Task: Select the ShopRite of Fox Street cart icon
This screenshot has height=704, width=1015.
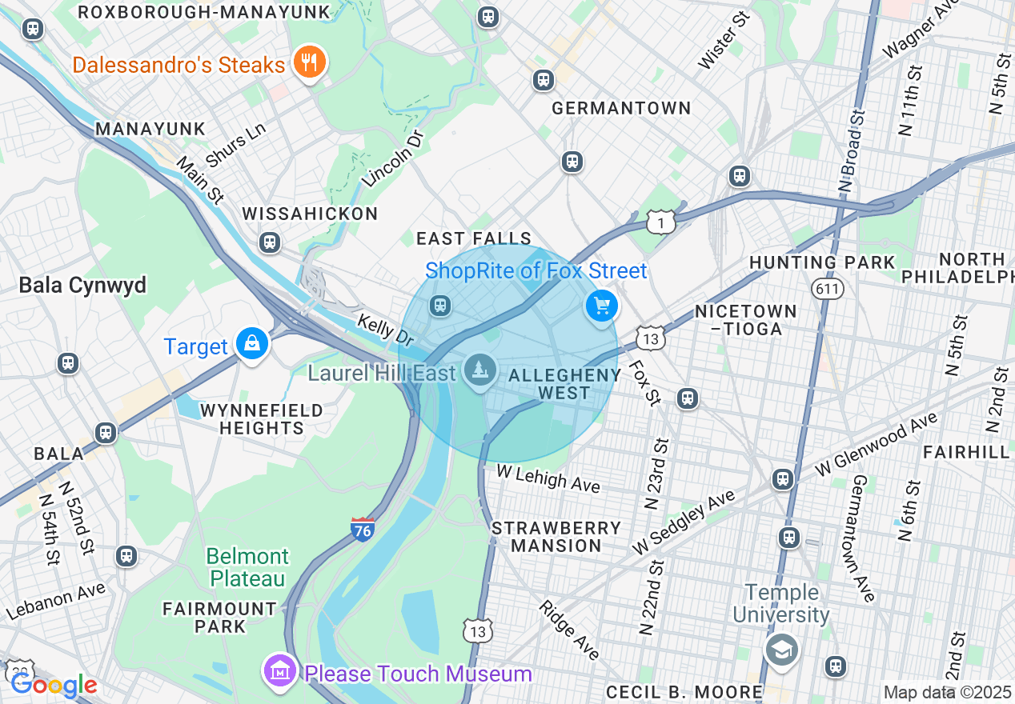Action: tap(602, 306)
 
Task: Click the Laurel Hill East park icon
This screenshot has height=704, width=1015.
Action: tap(480, 370)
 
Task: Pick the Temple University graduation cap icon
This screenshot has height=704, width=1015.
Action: tap(780, 649)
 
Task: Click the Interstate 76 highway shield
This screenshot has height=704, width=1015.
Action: tap(363, 529)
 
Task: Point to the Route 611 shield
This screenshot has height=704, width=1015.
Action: tap(827, 287)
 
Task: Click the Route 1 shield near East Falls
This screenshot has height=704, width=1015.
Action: tap(661, 222)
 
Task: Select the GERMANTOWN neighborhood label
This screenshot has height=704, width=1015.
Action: tap(621, 108)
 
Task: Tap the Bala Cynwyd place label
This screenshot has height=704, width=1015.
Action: tap(82, 285)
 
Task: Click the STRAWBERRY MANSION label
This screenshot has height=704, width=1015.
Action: tap(556, 537)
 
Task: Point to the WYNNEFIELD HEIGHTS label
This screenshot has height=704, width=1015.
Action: tap(261, 419)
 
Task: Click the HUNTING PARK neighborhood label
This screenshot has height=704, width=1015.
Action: tap(822, 262)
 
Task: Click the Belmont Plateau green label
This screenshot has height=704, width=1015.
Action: tap(247, 566)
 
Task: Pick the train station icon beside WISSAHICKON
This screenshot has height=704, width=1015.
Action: tap(270, 242)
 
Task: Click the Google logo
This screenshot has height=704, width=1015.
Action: tap(54, 685)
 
